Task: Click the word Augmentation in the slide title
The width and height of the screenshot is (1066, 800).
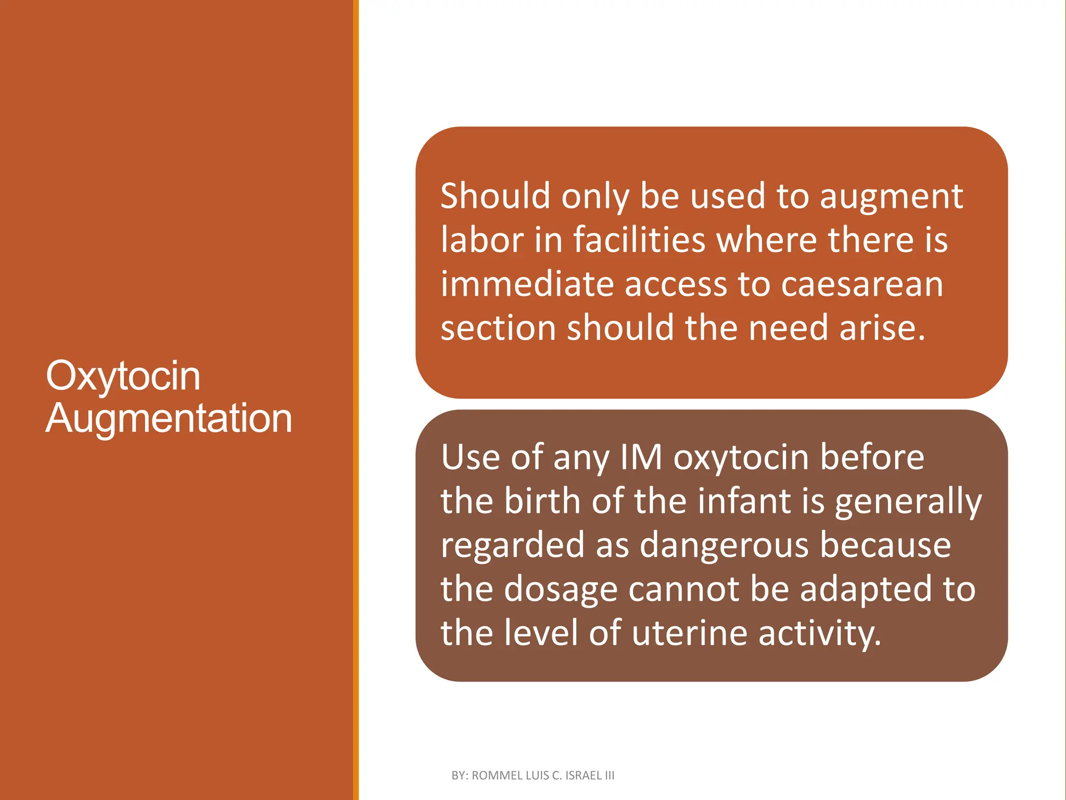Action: tap(169, 418)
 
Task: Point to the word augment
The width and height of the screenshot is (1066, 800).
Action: tap(891, 197)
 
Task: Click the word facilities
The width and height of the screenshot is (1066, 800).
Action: tap(639, 240)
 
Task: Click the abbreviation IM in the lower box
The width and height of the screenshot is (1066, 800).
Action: tap(641, 457)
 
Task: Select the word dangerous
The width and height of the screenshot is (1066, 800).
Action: tap(724, 545)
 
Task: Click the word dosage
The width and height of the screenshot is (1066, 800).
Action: tap(560, 590)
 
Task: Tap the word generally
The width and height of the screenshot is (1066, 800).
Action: tap(908, 502)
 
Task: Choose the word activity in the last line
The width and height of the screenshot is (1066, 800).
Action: tap(819, 634)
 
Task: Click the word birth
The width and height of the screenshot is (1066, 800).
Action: tap(542, 501)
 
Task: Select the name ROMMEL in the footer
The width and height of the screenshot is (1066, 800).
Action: tap(497, 776)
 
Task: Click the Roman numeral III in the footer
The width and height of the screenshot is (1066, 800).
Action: tap(610, 776)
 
